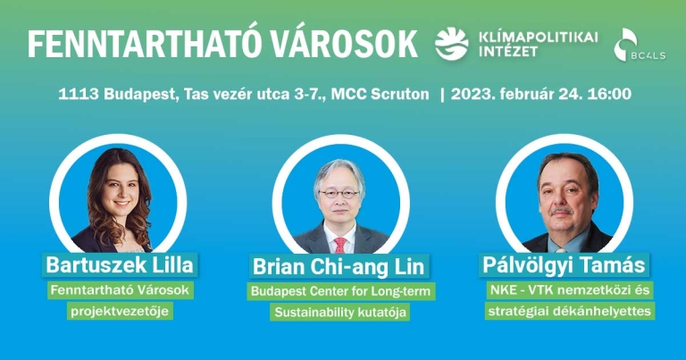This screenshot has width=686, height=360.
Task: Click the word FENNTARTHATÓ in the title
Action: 138,44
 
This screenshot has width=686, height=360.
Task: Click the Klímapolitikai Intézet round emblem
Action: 451,44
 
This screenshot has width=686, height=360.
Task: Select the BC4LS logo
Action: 640,45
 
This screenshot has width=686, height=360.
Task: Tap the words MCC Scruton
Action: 380,94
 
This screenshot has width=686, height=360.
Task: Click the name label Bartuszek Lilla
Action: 120,265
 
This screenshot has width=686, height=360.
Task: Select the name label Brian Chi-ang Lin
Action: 339,266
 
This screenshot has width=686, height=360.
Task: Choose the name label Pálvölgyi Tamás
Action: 564,265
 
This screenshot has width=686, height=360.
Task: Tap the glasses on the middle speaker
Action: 339,193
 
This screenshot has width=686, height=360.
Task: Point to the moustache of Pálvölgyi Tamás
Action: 562,211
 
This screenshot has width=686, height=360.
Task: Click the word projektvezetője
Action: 120,312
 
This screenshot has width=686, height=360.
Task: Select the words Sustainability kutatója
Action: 340,313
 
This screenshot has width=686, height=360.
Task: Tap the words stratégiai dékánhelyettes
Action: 570,312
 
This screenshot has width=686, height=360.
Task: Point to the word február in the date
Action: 523,94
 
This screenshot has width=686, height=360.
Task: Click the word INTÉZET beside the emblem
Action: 508,52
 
